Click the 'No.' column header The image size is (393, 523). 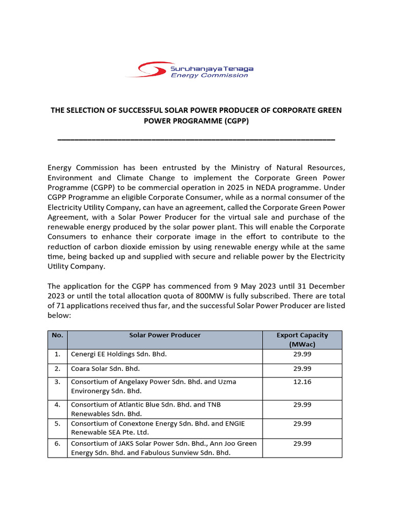(x=57, y=336)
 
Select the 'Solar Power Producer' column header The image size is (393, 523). (x=165, y=336)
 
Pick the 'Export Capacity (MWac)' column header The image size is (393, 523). (x=302, y=340)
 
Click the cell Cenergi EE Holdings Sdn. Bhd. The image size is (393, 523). (x=119, y=354)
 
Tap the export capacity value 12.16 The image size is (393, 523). (x=302, y=382)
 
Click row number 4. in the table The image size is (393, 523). (x=57, y=405)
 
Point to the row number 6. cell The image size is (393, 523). (x=57, y=443)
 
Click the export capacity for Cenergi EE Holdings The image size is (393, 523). (x=302, y=354)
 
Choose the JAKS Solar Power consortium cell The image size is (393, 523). (x=164, y=448)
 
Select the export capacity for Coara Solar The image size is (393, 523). (x=302, y=368)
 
